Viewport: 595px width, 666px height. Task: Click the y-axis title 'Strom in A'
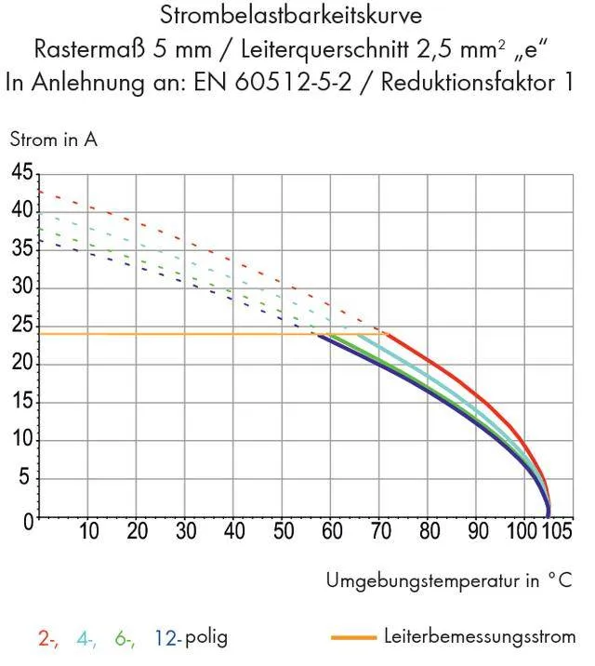tap(53, 140)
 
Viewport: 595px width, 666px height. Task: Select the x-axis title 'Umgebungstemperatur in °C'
tap(449, 580)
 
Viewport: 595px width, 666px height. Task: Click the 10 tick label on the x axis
tap(88, 533)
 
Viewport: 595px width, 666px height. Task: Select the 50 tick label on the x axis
tap(283, 533)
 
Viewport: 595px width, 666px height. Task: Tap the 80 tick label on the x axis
tap(429, 533)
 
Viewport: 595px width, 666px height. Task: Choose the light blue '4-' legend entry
tap(87, 638)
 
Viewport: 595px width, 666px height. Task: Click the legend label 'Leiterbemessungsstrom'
tap(479, 637)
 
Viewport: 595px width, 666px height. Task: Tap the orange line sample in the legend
tap(352, 638)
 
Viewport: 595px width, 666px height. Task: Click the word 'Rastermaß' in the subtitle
tap(80, 48)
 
